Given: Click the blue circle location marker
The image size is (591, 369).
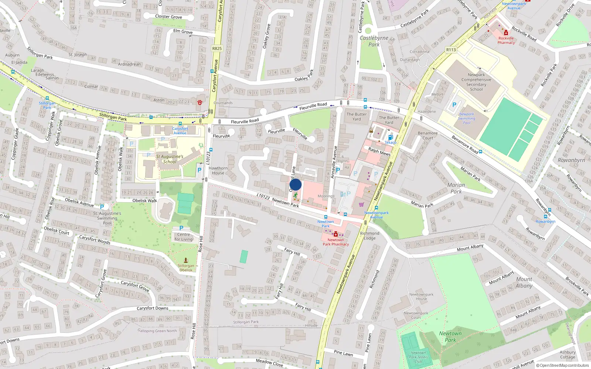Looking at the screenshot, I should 295,184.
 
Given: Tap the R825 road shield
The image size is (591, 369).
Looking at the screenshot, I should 217,48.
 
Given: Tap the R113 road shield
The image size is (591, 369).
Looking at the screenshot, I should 451,50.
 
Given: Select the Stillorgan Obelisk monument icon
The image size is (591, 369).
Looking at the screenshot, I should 186,260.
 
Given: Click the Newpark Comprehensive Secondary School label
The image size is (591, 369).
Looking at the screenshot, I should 476,82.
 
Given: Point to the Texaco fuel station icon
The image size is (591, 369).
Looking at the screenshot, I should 390,138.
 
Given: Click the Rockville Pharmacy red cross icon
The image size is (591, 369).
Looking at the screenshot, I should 506,33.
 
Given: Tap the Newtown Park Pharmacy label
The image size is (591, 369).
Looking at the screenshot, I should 336,242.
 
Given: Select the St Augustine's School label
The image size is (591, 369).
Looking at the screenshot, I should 170,159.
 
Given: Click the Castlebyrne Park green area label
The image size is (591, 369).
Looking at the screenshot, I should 374,41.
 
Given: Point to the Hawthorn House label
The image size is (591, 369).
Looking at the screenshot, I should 218,170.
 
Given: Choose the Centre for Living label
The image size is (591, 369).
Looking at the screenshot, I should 184,237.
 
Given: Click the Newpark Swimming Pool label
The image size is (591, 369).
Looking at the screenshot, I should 467,118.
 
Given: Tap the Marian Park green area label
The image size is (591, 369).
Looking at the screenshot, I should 456,188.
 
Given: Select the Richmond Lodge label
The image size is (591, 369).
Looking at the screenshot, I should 369,235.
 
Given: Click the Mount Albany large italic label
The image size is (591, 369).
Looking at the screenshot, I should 524,282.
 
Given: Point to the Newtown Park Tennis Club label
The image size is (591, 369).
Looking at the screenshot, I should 419,357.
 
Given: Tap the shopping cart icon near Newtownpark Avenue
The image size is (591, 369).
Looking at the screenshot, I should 361,204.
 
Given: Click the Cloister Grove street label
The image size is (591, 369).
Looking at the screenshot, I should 168,17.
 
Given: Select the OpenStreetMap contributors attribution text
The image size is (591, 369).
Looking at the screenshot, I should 563,365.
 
